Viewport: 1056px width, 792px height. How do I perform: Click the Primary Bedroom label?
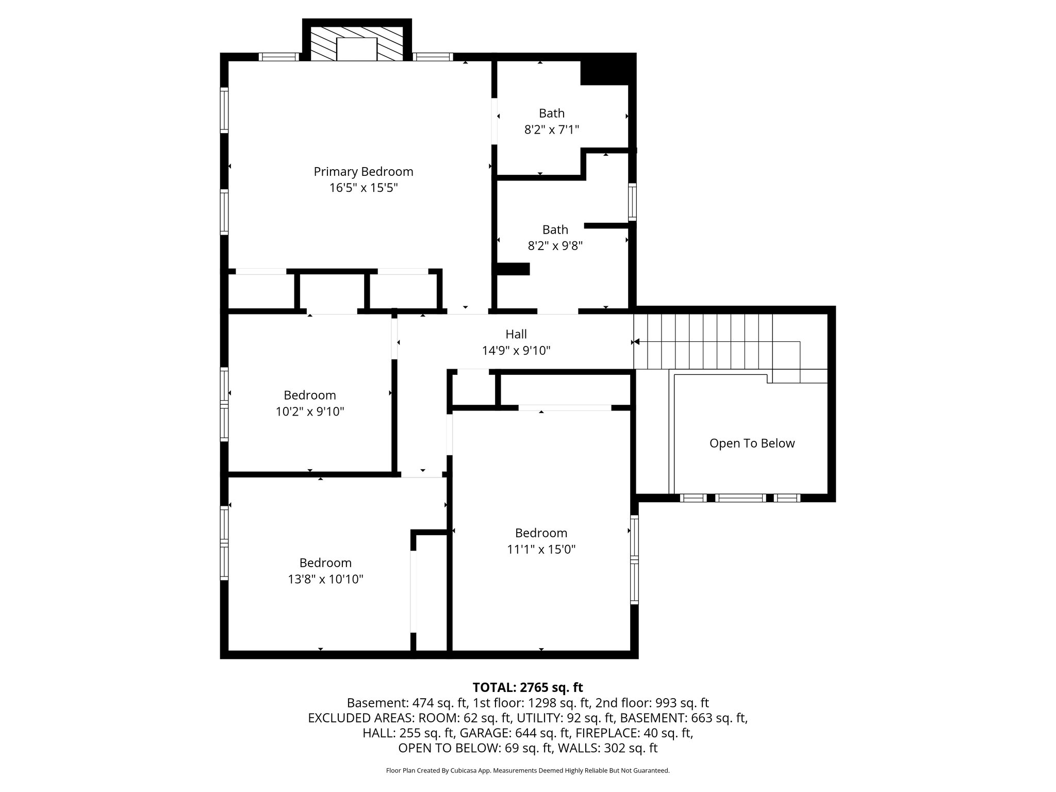[363, 171]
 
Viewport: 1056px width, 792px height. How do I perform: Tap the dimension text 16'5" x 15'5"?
[363, 188]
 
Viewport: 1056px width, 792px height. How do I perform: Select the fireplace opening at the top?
[356, 49]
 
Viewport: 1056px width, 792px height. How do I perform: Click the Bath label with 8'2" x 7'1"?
[551, 113]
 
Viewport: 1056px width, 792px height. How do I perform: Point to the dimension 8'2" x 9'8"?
[555, 246]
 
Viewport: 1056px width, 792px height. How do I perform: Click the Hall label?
[516, 334]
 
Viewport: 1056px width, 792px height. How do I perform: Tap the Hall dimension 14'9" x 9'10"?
[516, 351]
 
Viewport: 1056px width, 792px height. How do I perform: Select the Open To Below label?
[751, 443]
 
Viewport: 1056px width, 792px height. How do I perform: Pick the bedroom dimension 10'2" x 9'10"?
[309, 411]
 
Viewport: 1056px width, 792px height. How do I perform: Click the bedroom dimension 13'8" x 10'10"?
[325, 579]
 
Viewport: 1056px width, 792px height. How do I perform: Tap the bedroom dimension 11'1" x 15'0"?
[541, 549]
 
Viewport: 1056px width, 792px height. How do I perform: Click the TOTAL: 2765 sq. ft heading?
[527, 687]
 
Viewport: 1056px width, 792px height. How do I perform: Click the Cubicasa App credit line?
[527, 770]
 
